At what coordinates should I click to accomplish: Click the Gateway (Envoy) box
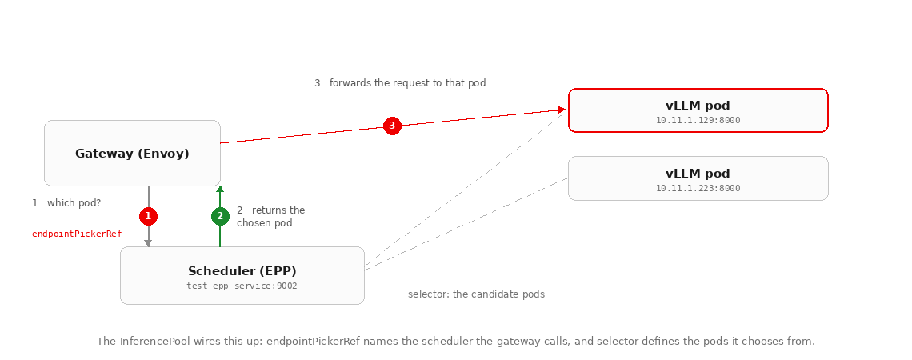[x=133, y=154]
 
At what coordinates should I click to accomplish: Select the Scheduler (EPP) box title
[x=242, y=271]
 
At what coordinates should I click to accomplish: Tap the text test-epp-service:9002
[x=242, y=286]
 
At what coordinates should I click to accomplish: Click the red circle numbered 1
[x=148, y=216]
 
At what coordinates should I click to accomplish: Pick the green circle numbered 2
[x=220, y=216]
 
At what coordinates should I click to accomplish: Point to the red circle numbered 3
[x=392, y=126]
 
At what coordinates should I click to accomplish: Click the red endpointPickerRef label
[x=77, y=234]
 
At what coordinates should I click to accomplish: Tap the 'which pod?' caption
[x=74, y=203]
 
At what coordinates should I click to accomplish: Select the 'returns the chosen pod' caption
[x=271, y=216]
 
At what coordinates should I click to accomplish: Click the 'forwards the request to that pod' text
[x=408, y=83]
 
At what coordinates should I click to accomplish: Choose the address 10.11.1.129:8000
[x=698, y=120]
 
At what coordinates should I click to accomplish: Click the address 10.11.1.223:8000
[x=698, y=189]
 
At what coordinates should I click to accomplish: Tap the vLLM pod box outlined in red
[x=698, y=110]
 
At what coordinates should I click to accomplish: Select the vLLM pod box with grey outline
[x=698, y=178]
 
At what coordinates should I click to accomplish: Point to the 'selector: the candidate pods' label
[x=476, y=294]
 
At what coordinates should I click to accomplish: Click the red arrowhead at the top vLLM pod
[x=562, y=110]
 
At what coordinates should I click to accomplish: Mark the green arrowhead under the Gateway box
[x=220, y=189]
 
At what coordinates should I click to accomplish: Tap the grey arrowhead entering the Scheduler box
[x=148, y=244]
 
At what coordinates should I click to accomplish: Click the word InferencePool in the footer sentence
[x=155, y=342]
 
